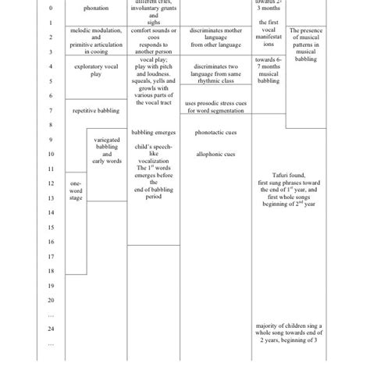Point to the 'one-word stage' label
coord(74,191)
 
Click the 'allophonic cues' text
coord(215,155)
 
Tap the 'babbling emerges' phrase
coord(152,133)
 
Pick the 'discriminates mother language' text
coord(215,37)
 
